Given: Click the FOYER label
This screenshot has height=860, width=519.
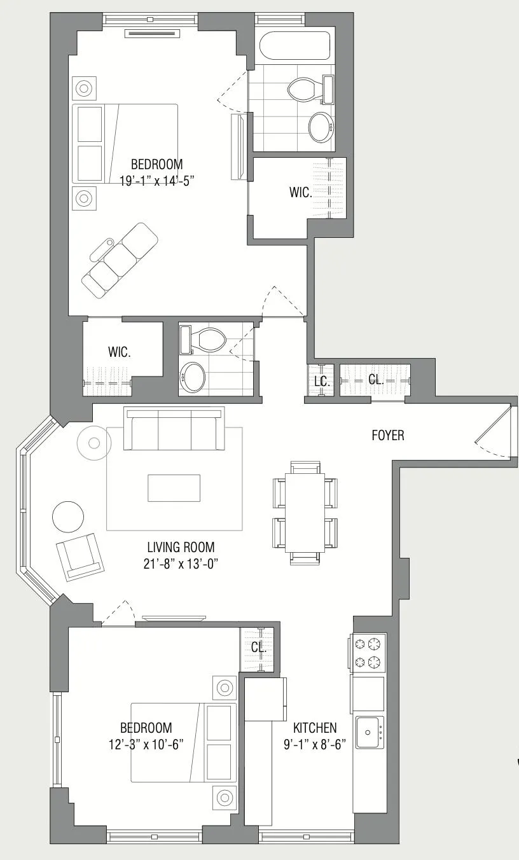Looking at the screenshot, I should (x=388, y=436).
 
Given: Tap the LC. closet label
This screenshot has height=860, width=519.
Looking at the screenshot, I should (x=321, y=382).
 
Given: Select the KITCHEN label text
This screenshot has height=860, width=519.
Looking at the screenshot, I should (x=315, y=728).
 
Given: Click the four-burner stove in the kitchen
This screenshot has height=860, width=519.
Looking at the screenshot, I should (x=368, y=653).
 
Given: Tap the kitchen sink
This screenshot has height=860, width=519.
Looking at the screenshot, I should (x=370, y=732).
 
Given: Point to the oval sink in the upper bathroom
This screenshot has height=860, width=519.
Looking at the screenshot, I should (x=322, y=127).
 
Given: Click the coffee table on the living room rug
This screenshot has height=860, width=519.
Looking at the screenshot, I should (x=174, y=489).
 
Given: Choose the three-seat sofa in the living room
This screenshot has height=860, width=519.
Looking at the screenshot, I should (x=175, y=428).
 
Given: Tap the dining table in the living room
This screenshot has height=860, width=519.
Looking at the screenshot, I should (x=305, y=512).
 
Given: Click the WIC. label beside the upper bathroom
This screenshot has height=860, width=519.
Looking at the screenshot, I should (x=301, y=193).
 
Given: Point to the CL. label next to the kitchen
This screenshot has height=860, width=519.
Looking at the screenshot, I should (x=258, y=647).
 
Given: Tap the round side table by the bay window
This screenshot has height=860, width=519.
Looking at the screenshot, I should (x=67, y=516).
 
